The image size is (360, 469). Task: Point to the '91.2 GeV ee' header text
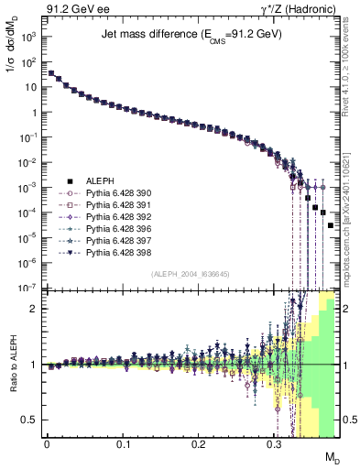73,8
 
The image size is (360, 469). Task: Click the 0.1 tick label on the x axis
123,444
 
